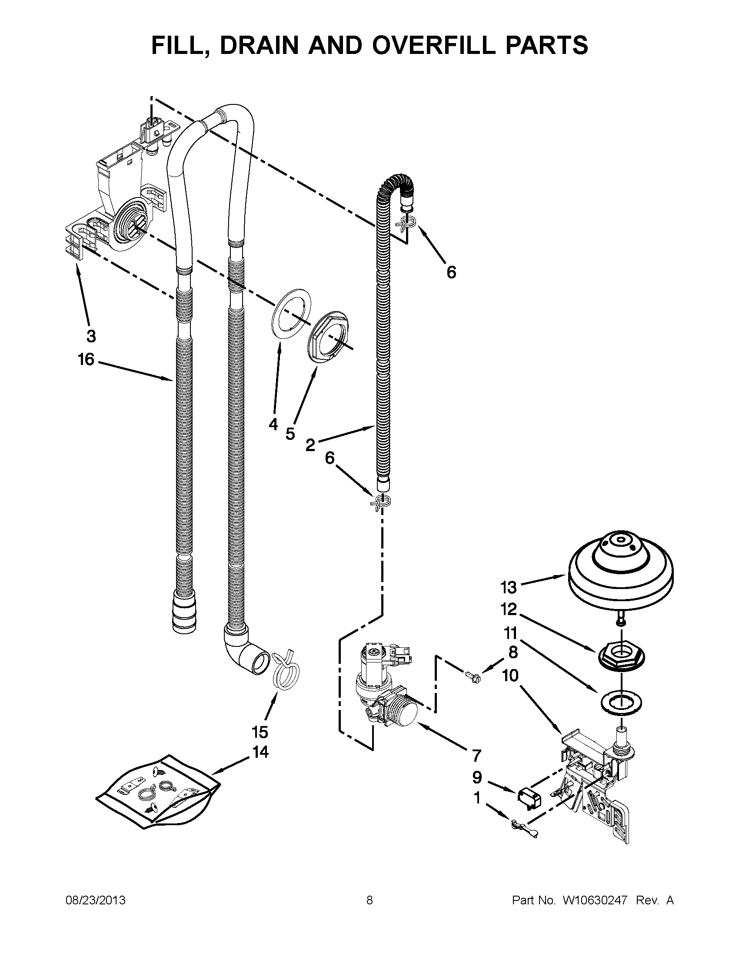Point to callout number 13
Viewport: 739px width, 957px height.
point(508,587)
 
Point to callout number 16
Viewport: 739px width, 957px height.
point(86,359)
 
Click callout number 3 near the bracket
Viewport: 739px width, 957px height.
point(90,336)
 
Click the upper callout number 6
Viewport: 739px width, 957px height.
point(451,272)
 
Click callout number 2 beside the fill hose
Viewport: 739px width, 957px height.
point(310,445)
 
